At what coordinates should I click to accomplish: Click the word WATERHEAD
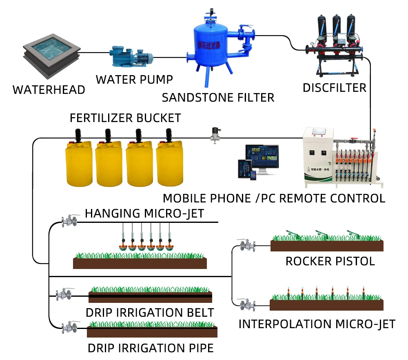tap(49, 90)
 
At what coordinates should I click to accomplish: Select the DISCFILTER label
tap(335, 88)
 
